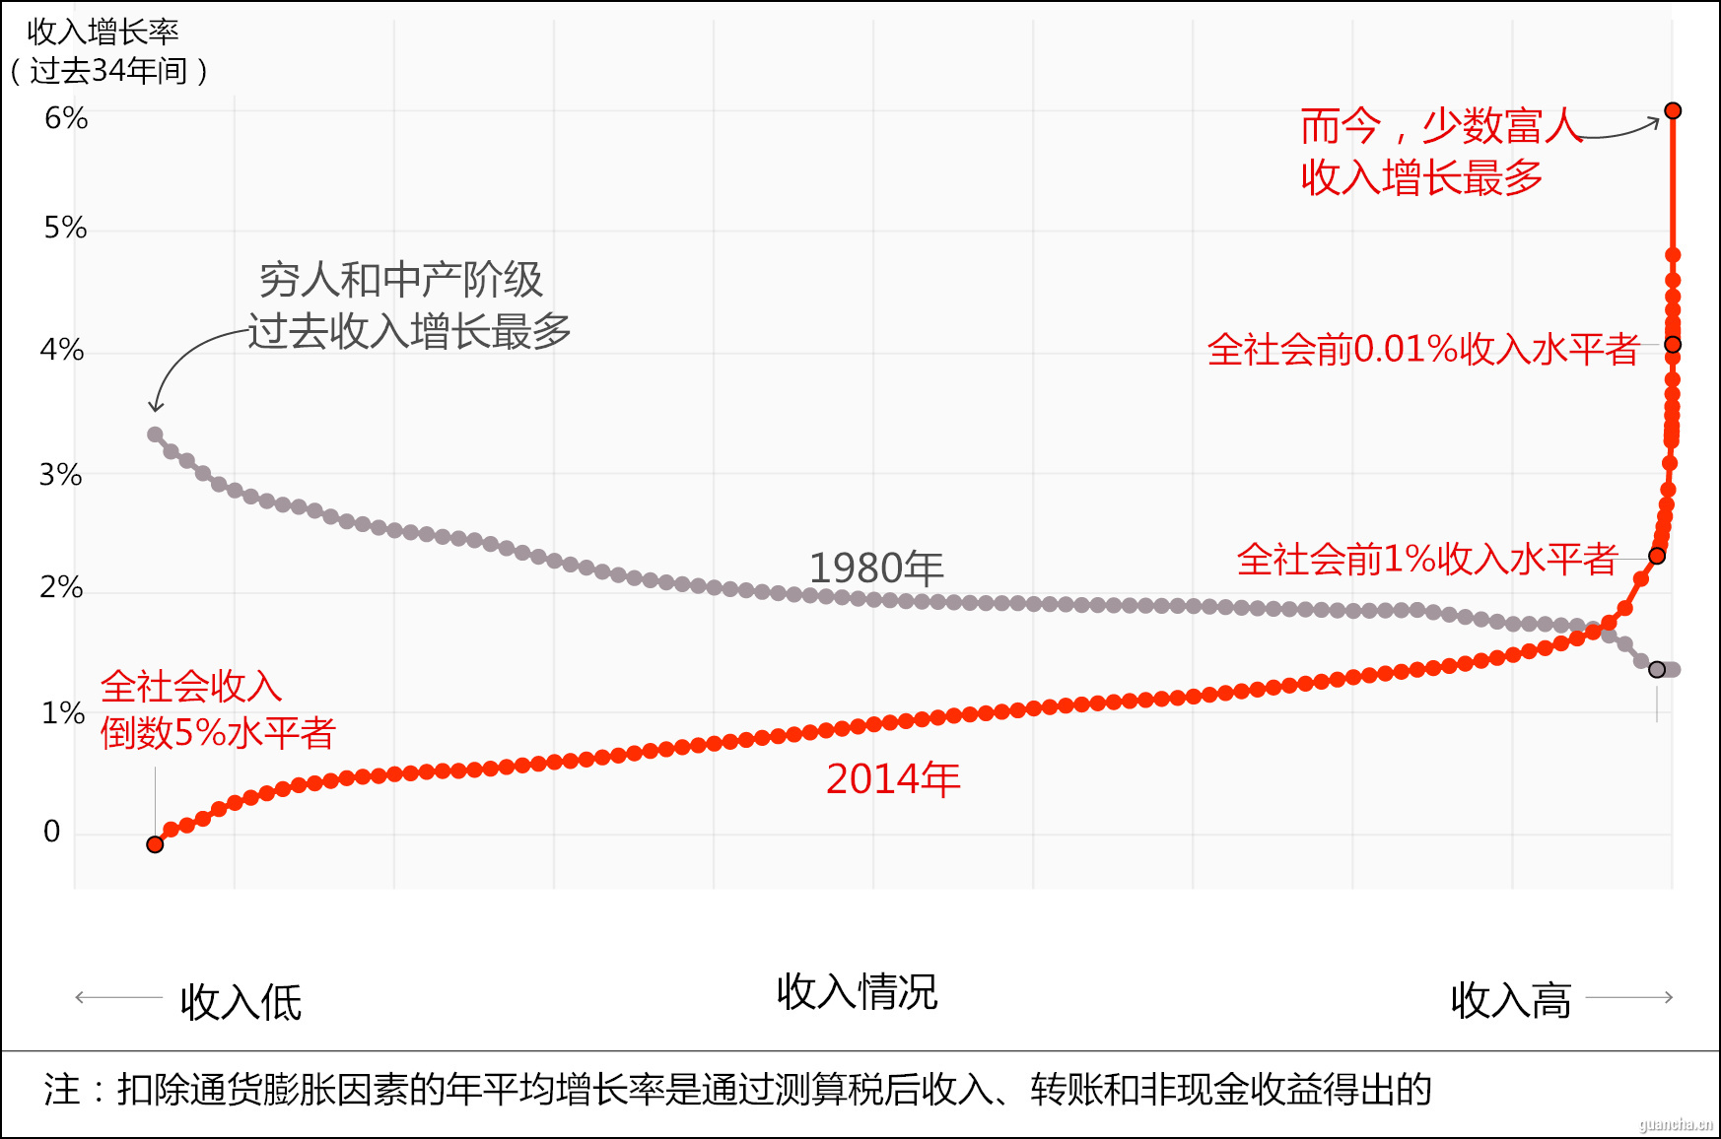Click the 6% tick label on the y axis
[x=66, y=118]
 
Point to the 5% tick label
[x=65, y=228]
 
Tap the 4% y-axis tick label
[x=62, y=350]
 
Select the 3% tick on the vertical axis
[x=61, y=475]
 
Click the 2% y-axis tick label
[x=61, y=587]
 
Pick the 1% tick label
[x=62, y=712]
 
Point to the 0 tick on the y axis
[x=52, y=832]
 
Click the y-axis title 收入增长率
[x=103, y=33]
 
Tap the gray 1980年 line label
[x=876, y=569]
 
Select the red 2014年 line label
[x=893, y=779]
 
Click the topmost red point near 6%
[x=1673, y=110]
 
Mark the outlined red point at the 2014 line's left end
[x=155, y=844]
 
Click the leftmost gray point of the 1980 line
[x=155, y=435]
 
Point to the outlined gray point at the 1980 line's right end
[x=1657, y=670]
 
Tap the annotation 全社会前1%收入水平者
[x=1426, y=560]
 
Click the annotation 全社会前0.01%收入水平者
[x=1422, y=350]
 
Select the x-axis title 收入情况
[x=857, y=992]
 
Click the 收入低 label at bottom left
[x=241, y=1002]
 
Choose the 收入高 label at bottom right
[x=1510, y=1000]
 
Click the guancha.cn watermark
[x=1676, y=1124]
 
